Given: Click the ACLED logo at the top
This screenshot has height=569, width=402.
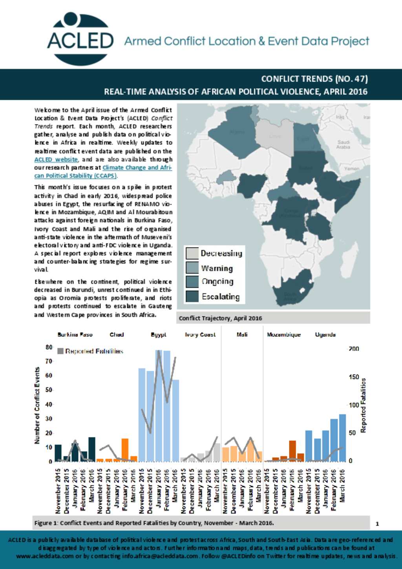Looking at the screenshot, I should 80,39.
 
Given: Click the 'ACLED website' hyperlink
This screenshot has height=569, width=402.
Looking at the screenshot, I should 56,159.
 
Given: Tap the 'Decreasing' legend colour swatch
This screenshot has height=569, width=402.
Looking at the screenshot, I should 192,253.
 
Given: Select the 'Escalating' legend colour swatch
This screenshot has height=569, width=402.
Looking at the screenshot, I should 192,296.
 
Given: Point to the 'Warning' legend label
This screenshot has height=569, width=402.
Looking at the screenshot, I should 217,268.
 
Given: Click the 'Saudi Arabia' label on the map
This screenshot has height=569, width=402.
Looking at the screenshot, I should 343,145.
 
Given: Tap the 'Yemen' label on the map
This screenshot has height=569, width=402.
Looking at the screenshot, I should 351,168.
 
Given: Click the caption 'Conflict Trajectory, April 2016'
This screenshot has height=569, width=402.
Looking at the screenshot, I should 220,318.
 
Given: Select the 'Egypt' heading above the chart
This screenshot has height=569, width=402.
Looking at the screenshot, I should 158,335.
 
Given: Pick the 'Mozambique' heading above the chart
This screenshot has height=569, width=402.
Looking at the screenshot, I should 283,335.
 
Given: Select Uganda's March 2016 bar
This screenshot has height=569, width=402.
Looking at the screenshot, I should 342,437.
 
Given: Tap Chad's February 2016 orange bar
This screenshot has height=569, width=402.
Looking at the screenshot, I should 125,450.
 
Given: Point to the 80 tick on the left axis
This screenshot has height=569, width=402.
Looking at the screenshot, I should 49,347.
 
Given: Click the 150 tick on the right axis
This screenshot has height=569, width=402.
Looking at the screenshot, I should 354,377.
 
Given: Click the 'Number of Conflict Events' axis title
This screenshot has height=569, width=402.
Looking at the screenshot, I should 37,405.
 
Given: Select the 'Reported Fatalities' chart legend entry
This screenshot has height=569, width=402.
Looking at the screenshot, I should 90,351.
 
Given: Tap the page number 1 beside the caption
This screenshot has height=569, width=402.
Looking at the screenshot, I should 377,523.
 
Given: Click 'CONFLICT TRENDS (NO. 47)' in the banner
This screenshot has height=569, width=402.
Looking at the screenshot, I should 314,79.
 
